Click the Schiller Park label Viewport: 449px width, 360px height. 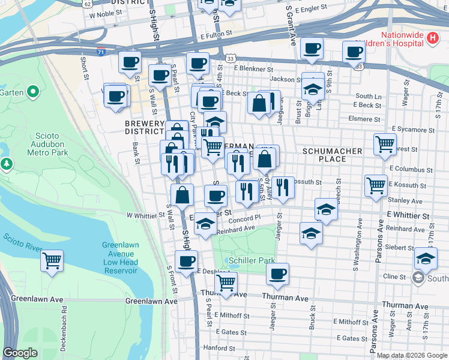252,260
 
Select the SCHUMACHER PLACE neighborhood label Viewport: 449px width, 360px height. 333,155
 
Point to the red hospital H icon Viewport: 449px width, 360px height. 433,38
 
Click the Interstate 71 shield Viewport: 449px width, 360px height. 101,53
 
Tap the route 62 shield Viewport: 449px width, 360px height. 88,4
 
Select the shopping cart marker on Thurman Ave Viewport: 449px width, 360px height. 226,283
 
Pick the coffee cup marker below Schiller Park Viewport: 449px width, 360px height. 277,274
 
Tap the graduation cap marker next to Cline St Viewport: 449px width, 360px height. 426,259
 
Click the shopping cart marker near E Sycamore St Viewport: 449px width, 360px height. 384,144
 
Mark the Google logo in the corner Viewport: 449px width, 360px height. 20,353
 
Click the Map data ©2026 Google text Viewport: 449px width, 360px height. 412,355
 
